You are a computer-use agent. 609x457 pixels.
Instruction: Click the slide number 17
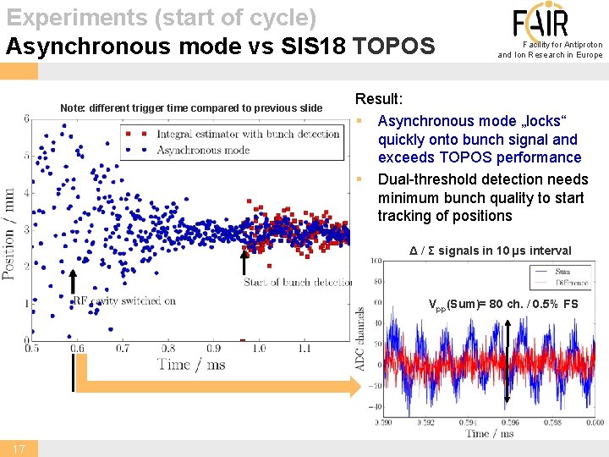click(x=19, y=448)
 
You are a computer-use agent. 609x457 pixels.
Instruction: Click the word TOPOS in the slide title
click(x=393, y=46)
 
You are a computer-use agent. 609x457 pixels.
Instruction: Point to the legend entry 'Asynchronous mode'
click(x=202, y=150)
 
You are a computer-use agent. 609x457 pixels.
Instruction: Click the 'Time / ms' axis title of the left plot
click(x=190, y=364)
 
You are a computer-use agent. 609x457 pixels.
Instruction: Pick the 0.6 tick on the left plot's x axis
click(x=77, y=348)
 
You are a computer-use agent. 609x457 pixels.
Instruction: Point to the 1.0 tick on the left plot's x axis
click(x=258, y=348)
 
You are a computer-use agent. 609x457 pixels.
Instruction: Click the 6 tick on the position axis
click(x=26, y=118)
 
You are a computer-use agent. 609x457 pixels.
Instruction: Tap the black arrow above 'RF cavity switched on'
click(x=74, y=284)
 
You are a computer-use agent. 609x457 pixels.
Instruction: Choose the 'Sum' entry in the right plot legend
click(x=562, y=272)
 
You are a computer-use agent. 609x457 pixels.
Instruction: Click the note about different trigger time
click(x=191, y=107)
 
